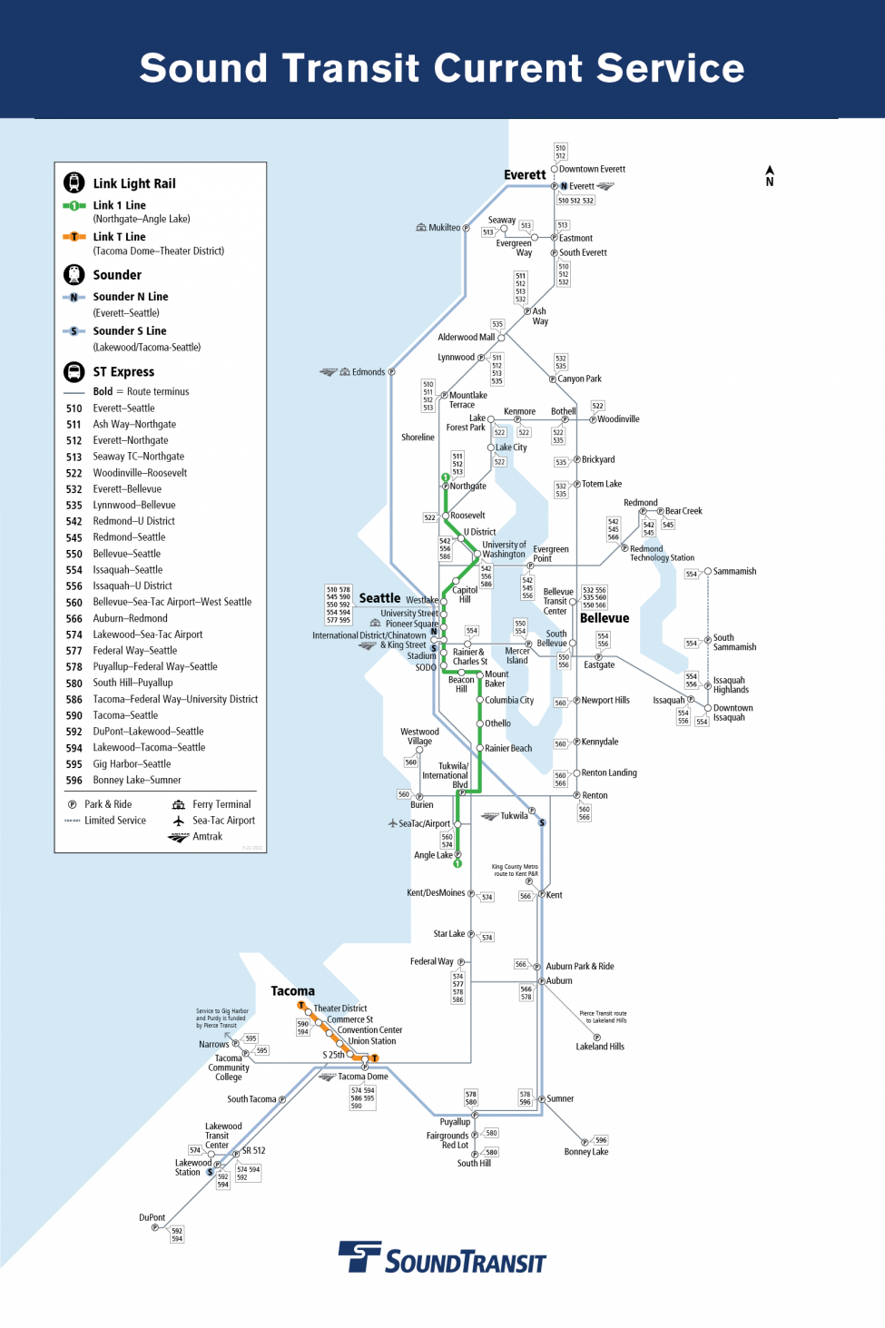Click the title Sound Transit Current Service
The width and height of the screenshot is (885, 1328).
pyautogui.click(x=442, y=68)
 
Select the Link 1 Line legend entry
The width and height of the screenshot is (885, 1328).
pyautogui.click(x=119, y=206)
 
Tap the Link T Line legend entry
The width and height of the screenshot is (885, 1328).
pyautogui.click(x=119, y=237)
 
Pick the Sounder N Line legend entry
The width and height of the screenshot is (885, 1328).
pyautogui.click(x=130, y=297)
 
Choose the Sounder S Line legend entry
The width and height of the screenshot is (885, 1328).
pyautogui.click(x=129, y=331)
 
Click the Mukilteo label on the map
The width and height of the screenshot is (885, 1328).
pyautogui.click(x=444, y=228)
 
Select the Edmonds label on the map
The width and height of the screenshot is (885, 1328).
pyautogui.click(x=368, y=372)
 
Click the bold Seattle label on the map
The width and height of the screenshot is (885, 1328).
pyautogui.click(x=379, y=598)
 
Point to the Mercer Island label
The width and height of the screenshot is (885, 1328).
pyautogui.click(x=517, y=655)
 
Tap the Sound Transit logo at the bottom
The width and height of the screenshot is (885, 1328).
pyautogui.click(x=442, y=1259)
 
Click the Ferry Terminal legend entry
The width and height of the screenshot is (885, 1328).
pyautogui.click(x=221, y=804)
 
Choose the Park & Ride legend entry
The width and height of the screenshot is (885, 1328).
pyautogui.click(x=107, y=804)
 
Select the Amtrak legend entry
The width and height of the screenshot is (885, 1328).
pyautogui.click(x=207, y=837)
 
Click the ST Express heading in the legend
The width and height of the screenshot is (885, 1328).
pyautogui.click(x=123, y=372)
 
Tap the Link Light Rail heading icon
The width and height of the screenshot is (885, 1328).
pyautogui.click(x=74, y=182)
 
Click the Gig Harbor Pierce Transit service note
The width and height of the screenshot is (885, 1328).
pyautogui.click(x=221, y=1018)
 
